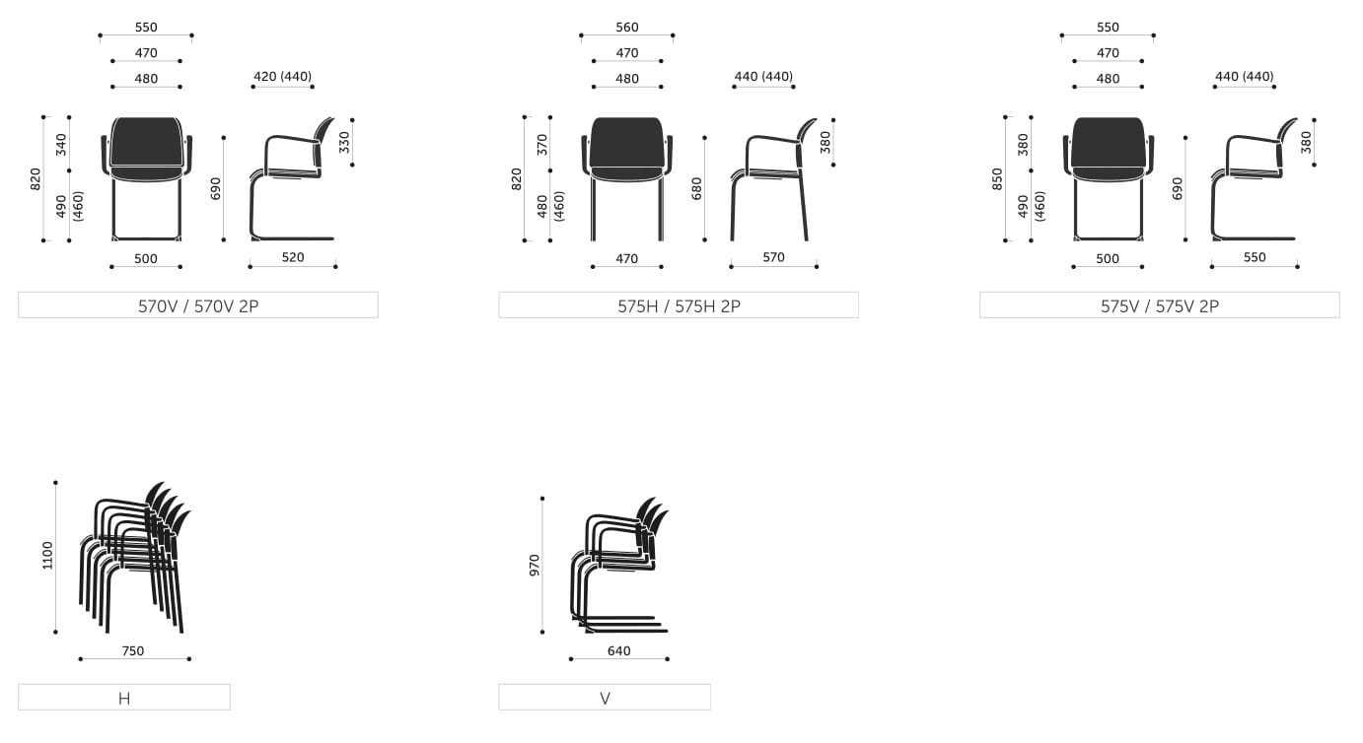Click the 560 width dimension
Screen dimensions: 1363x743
(626, 28)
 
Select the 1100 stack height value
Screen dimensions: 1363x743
(47, 556)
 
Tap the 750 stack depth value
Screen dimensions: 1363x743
(132, 650)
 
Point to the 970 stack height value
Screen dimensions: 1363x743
(535, 565)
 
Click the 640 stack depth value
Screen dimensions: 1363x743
(618, 650)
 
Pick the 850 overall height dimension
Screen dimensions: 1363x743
(997, 179)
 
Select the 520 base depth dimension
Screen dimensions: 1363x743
(293, 257)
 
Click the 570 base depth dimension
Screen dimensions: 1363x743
(773, 257)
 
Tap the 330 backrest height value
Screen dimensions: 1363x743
(344, 142)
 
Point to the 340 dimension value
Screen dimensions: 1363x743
(61, 145)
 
